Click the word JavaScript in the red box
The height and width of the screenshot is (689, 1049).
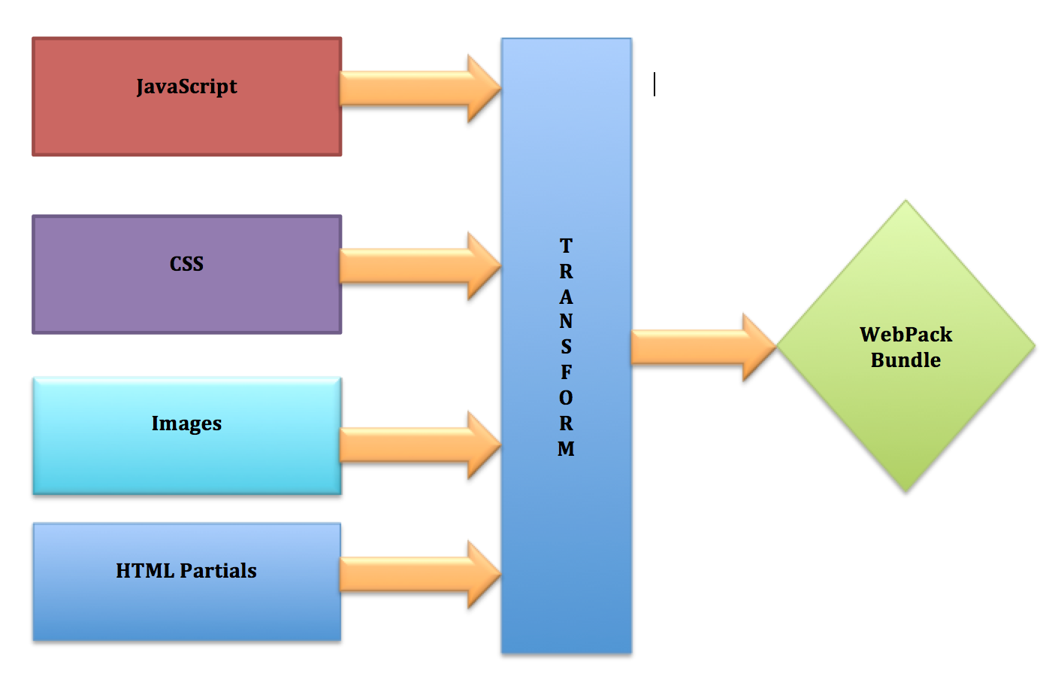(186, 87)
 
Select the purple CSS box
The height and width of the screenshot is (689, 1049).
(187, 275)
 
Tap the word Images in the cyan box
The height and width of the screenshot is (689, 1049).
(186, 423)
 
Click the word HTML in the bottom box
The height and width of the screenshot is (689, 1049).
(145, 570)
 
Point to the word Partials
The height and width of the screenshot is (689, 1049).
(218, 570)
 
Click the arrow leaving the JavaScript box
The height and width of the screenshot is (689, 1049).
(420, 88)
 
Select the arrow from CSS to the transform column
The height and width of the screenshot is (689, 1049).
(420, 266)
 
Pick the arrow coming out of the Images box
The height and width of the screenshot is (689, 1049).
(420, 445)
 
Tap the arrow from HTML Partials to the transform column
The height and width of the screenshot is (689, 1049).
(420, 574)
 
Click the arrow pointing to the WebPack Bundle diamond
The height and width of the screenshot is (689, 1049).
(704, 348)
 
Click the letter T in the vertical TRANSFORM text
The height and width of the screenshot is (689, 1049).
(566, 246)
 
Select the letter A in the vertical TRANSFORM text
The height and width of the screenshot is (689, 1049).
(566, 296)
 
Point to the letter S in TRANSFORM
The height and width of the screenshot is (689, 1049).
(566, 346)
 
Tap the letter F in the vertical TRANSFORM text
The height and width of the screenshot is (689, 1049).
(566, 372)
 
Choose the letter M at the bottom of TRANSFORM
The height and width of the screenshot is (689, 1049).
(566, 448)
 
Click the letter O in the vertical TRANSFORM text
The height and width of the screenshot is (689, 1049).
(566, 398)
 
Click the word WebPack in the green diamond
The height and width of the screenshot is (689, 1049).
(905, 335)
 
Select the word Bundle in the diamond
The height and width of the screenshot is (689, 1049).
(905, 360)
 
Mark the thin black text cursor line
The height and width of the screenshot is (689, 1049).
(654, 84)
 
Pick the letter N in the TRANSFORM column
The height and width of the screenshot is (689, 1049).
(566, 321)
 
